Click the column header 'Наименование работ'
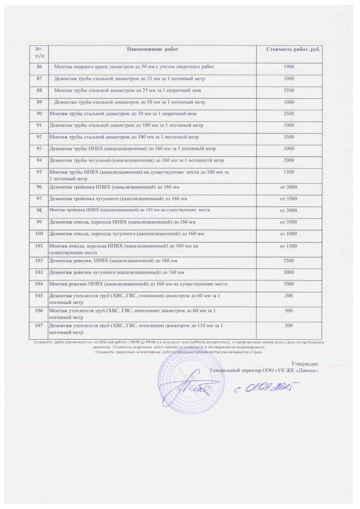tap(152, 49)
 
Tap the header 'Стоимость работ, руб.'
tap(293, 49)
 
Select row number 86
tap(39, 66)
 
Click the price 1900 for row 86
tap(289, 66)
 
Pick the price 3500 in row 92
tap(289, 137)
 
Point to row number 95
tap(39, 172)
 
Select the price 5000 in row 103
tap(289, 272)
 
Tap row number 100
tap(39, 234)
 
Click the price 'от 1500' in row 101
tap(289, 246)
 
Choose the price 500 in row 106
tap(289, 311)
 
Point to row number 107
tap(39, 325)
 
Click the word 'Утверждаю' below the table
tap(305, 364)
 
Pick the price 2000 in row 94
tap(289, 160)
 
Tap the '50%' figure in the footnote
tap(102, 342)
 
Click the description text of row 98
tap(129, 210)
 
